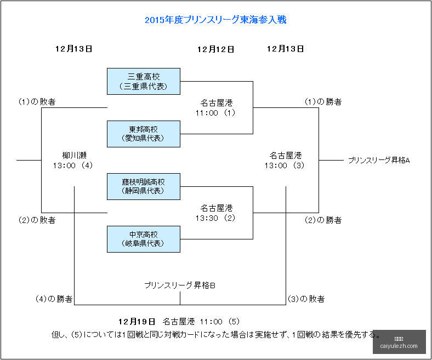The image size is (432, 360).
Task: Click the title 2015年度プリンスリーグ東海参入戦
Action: [215, 20]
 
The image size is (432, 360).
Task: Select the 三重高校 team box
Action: [144, 81]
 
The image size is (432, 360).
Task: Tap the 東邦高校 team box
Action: [144, 134]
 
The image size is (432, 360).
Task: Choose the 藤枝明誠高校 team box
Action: [144, 186]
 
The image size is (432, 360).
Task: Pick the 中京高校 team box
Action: [144, 239]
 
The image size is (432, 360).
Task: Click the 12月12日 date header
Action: [215, 49]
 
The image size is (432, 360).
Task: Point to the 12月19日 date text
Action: [137, 322]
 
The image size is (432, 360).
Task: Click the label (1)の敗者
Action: [37, 101]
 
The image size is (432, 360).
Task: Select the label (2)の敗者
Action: [37, 220]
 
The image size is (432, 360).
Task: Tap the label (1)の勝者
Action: [323, 101]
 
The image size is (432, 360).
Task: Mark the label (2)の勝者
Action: [323, 220]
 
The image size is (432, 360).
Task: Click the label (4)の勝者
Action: [54, 299]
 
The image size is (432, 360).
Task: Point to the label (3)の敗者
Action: [306, 299]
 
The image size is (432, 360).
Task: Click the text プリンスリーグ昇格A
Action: [379, 161]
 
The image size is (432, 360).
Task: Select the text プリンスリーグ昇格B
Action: [180, 285]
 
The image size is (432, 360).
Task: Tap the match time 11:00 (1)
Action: [215, 113]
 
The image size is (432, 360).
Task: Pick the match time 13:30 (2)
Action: [215, 218]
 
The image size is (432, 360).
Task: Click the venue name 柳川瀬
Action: [74, 156]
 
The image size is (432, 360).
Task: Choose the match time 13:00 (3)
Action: [285, 165]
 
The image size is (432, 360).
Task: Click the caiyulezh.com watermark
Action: [399, 346]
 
